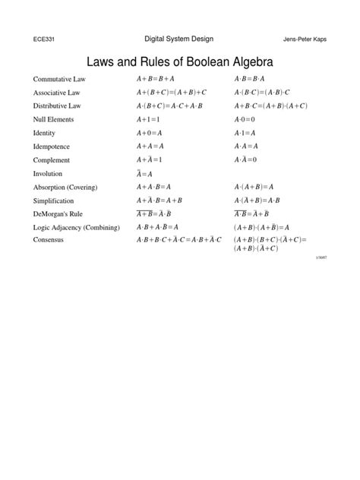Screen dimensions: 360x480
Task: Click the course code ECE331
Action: (45, 39)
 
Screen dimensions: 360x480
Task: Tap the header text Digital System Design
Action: (180, 39)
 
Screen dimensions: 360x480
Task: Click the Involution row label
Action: (48, 173)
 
